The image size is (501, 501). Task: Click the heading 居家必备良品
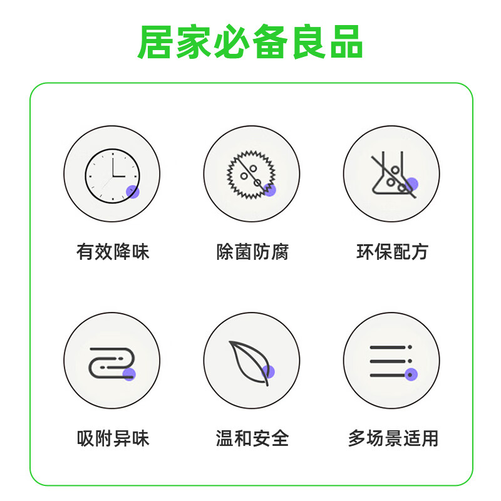pyautogui.click(x=250, y=43)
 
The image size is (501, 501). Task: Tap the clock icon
pyautogui.click(x=112, y=173)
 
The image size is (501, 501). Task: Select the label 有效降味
pyautogui.click(x=113, y=252)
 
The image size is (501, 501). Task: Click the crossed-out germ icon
pyautogui.click(x=250, y=173)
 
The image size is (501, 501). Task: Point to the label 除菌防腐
pyautogui.click(x=252, y=252)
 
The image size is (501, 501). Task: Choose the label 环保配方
pyautogui.click(x=392, y=252)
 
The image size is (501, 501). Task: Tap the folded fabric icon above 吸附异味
pyautogui.click(x=111, y=361)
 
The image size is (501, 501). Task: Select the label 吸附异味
pyautogui.click(x=113, y=438)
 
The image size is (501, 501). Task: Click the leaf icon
pyautogui.click(x=250, y=361)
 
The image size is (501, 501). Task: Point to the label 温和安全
pyautogui.click(x=252, y=438)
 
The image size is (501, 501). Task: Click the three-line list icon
pyautogui.click(x=390, y=361)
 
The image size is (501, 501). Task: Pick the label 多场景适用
pyautogui.click(x=393, y=438)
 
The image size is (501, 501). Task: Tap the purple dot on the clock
pyautogui.click(x=133, y=192)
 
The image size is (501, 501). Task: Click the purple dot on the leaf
pyautogui.click(x=269, y=371)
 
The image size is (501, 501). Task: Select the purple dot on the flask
pyautogui.click(x=411, y=184)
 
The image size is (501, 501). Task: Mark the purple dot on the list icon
pyautogui.click(x=411, y=375)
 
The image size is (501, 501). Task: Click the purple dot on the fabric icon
pyautogui.click(x=129, y=374)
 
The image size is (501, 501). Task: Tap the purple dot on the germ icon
pyautogui.click(x=270, y=190)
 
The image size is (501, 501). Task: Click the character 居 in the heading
pyautogui.click(x=156, y=43)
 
